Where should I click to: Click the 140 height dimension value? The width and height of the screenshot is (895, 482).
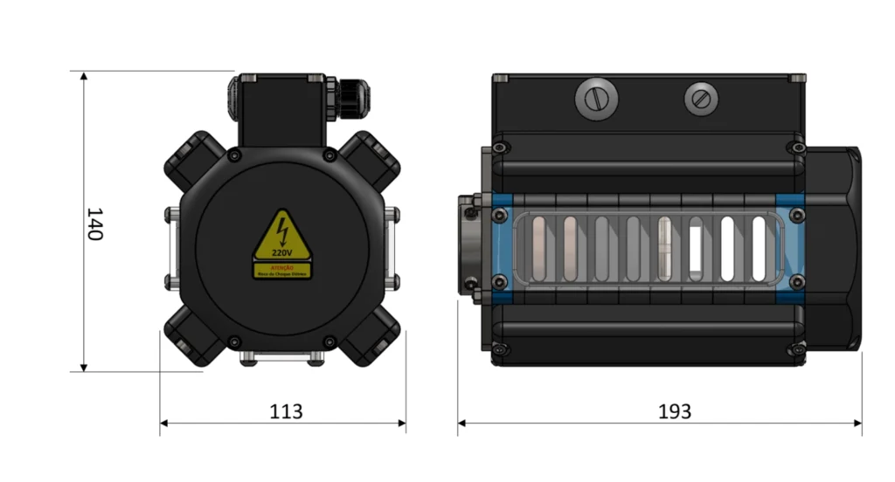coord(94,224)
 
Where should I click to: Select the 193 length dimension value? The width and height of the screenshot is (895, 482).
coord(674,410)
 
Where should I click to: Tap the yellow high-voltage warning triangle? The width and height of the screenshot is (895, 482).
coord(281,237)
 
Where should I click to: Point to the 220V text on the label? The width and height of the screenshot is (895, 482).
coord(281,252)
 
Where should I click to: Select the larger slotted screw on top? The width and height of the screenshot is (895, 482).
coord(595,100)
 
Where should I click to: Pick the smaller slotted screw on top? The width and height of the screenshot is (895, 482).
coord(699,99)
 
